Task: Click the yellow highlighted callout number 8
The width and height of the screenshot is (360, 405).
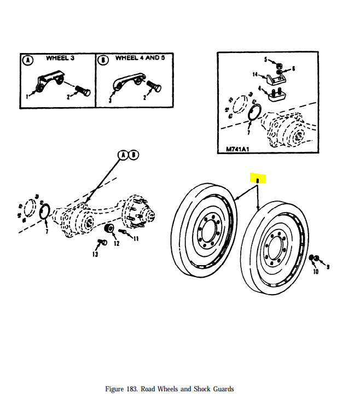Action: [x=257, y=178]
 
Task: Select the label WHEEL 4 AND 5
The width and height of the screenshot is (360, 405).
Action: [x=140, y=58]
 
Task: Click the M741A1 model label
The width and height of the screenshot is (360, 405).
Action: [x=237, y=149]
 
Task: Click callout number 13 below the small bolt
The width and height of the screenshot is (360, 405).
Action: [x=95, y=254]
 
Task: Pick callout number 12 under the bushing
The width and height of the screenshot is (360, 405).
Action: [x=116, y=243]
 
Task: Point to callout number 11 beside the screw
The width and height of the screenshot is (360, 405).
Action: [x=136, y=238]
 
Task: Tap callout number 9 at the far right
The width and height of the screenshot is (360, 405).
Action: [x=328, y=267]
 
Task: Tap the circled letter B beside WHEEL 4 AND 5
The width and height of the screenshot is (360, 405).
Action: [x=102, y=59]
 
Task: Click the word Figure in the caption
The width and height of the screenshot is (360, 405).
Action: [x=116, y=389]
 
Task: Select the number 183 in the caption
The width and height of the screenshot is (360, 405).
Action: [x=133, y=389]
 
